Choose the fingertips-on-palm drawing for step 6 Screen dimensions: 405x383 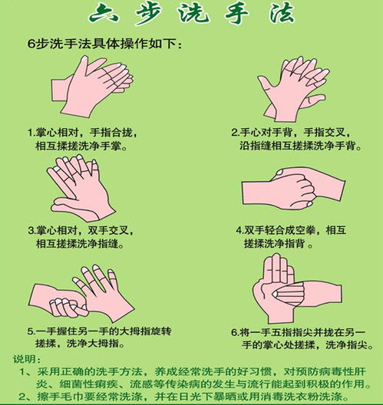coord(290,288)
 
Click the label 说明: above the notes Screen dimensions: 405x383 coord(26,360)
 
